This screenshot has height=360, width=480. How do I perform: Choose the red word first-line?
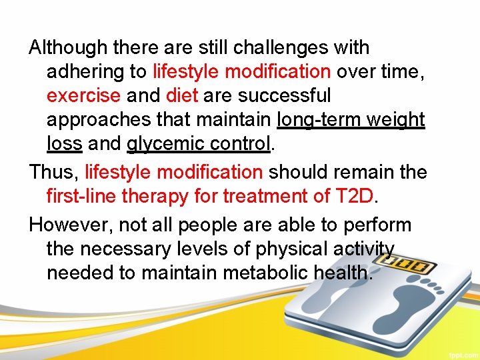[x=77, y=197]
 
